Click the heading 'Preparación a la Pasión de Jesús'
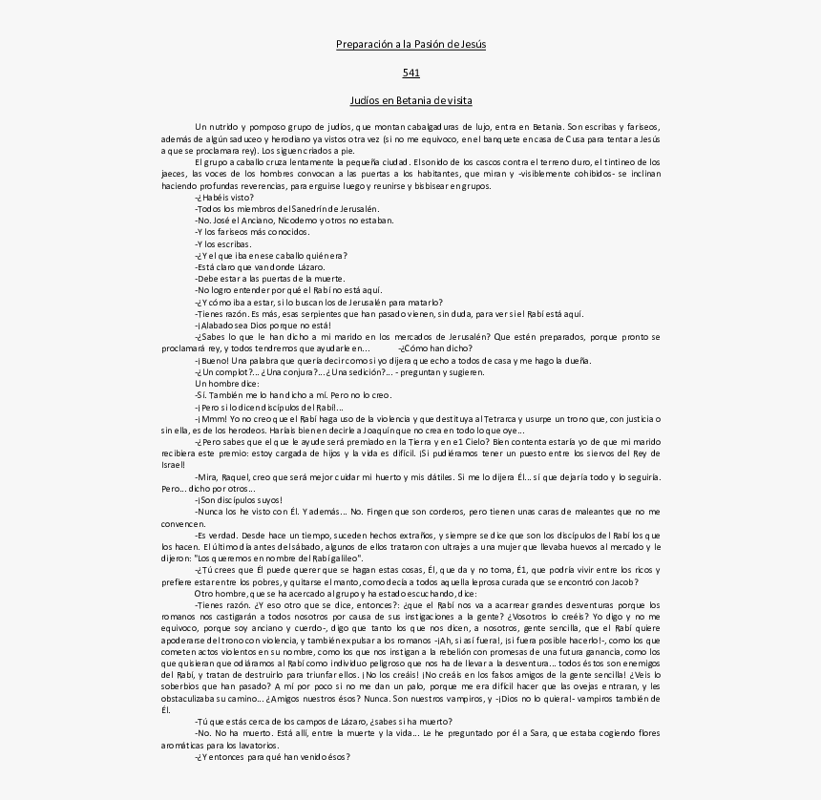pyautogui.click(x=410, y=44)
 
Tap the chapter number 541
pyautogui.click(x=410, y=73)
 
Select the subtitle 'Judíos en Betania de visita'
pyautogui.click(x=410, y=100)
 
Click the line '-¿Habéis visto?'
pyautogui.click(x=224, y=198)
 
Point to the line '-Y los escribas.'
pyautogui.click(x=223, y=243)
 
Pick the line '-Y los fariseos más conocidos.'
pyautogui.click(x=252, y=232)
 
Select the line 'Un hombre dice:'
pyautogui.click(x=226, y=383)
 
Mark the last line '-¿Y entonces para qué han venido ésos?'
pyautogui.click(x=272, y=757)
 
